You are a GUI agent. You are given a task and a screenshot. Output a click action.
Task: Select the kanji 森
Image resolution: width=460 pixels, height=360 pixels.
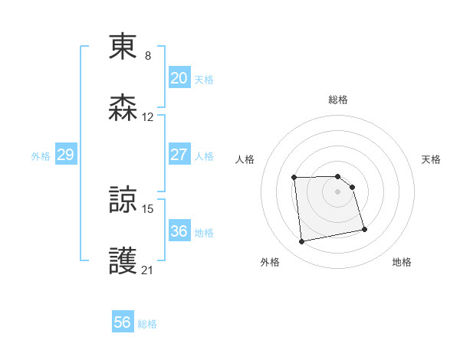coord(123,108)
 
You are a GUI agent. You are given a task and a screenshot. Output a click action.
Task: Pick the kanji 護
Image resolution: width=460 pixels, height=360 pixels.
coord(123,260)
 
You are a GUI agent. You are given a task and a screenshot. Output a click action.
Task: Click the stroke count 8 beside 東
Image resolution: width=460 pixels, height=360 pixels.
coord(148,56)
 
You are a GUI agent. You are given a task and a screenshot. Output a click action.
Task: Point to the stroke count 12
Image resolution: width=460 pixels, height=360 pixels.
coord(148,117)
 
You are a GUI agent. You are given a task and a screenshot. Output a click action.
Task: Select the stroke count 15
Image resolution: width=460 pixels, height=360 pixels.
coord(148,208)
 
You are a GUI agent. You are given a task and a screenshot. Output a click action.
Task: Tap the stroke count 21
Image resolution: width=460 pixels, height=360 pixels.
coord(148,270)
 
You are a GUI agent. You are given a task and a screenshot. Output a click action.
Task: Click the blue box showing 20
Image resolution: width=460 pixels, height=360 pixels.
coord(179,78)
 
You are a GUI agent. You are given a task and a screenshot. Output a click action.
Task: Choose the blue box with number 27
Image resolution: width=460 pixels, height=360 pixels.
coord(179,155)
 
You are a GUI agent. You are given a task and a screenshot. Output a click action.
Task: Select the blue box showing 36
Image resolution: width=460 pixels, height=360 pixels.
coord(179,231)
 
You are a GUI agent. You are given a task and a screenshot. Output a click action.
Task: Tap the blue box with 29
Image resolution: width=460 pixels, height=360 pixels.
coord(65,155)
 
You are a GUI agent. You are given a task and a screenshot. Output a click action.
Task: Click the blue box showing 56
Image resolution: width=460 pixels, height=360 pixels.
coord(123,322)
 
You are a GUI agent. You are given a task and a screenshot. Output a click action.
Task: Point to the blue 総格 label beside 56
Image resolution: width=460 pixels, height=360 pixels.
coord(147,324)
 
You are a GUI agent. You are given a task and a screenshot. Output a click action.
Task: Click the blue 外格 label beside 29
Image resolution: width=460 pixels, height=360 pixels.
coord(41,156)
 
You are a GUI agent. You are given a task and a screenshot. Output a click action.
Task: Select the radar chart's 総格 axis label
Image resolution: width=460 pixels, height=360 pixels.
coord(338,100)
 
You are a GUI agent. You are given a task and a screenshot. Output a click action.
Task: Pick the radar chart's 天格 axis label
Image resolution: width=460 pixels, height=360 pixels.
coord(431,159)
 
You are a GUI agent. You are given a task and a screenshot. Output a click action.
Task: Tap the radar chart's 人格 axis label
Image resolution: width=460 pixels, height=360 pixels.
coord(245,159)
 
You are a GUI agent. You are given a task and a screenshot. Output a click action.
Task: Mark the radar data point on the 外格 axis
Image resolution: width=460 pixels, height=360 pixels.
coord(302,242)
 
